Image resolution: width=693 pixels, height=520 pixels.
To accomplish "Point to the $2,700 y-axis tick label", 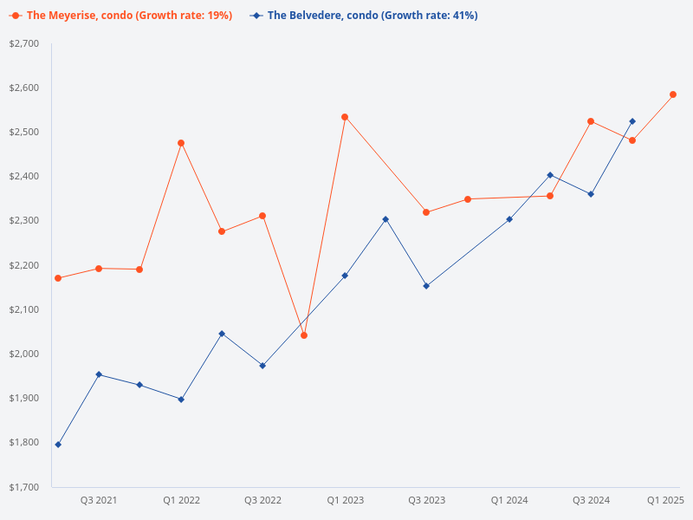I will coord(24,43).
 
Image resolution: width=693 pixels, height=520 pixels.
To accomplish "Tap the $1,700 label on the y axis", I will coord(24,487).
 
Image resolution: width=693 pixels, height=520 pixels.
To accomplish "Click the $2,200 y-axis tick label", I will coord(24,265).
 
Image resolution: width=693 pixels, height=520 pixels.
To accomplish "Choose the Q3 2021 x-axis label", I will coord(99,500).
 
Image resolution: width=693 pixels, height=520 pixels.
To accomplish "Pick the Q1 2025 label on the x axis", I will coord(666,500).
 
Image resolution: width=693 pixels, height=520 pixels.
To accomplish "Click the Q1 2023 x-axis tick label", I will coord(345,500).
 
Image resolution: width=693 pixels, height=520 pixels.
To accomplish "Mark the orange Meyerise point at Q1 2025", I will coord(673,94).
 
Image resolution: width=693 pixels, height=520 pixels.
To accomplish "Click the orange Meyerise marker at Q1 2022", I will coord(181,143).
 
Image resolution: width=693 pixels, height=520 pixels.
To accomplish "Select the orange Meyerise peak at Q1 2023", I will coord(345,117).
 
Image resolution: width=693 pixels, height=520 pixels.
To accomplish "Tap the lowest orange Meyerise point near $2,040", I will coord(304,335).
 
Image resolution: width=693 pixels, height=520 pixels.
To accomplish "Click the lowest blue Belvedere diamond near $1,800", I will coord(58,445).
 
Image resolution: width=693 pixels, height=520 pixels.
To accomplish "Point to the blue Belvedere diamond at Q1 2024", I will coord(509,219).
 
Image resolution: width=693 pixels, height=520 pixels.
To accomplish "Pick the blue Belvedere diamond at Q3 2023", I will coord(426,286).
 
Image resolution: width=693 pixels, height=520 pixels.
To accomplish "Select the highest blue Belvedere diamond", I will coord(632,121).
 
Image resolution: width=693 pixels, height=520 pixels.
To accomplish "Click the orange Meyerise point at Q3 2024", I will coord(591,121).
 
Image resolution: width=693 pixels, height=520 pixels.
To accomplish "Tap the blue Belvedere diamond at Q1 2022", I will coord(181,400).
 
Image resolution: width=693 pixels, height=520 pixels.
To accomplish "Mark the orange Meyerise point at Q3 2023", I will coord(426,212).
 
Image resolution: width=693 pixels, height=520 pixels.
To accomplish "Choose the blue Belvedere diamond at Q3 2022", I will coord(262,366).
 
